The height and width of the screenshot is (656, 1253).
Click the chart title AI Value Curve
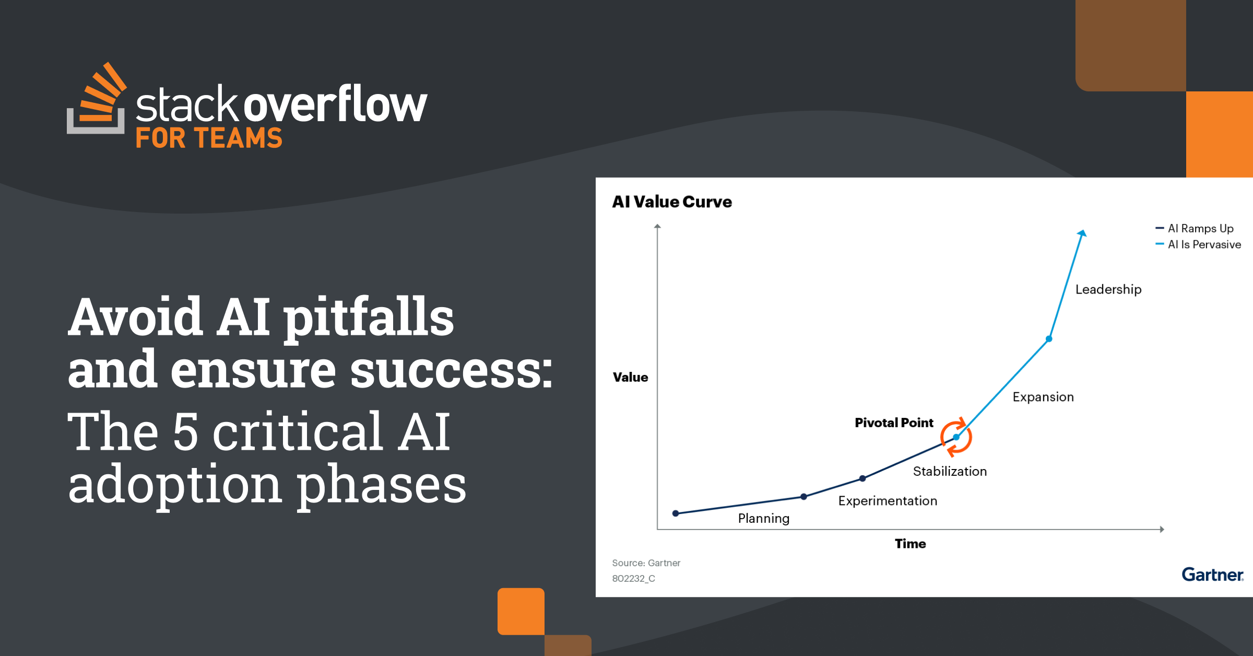(x=672, y=202)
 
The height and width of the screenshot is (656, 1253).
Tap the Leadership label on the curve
(x=1108, y=290)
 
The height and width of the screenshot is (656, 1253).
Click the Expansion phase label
(x=1043, y=397)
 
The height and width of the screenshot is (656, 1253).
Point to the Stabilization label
(x=950, y=471)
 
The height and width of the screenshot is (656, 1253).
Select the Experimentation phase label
(x=888, y=501)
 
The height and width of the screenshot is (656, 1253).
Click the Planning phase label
(x=763, y=519)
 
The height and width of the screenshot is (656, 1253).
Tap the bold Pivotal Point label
(x=894, y=423)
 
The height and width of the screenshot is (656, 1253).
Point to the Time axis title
(x=910, y=544)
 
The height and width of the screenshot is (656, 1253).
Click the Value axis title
(x=630, y=377)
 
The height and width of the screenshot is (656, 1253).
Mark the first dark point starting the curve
(x=676, y=513)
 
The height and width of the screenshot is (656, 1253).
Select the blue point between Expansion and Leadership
(x=1049, y=339)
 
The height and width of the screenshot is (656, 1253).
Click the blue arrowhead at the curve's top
(x=1082, y=233)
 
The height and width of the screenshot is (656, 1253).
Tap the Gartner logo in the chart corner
(x=1213, y=575)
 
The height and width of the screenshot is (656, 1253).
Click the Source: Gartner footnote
(x=646, y=563)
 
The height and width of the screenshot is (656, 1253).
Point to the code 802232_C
(x=633, y=579)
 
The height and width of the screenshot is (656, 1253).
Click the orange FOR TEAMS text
(x=209, y=138)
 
